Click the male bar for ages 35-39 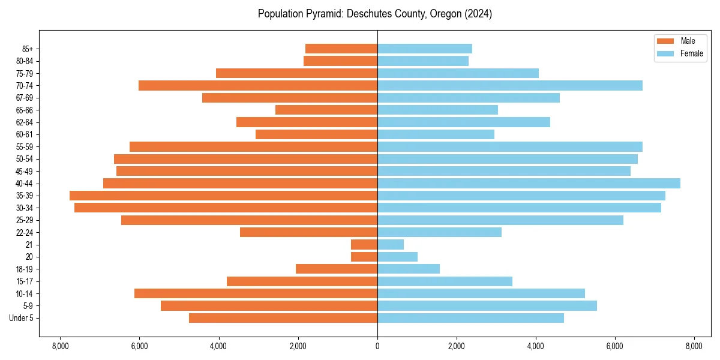pyautogui.click(x=223, y=196)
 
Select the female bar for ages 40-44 pyautogui.click(x=529, y=183)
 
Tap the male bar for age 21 pyautogui.click(x=364, y=244)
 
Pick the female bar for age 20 pyautogui.click(x=397, y=257)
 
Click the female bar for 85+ pyautogui.click(x=425, y=49)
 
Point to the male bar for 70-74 pyautogui.click(x=258, y=85)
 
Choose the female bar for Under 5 pyautogui.click(x=470, y=318)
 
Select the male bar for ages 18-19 pyautogui.click(x=337, y=269)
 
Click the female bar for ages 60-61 pyautogui.click(x=436, y=134)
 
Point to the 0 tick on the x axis pyautogui.click(x=377, y=346)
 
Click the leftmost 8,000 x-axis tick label pyautogui.click(x=60, y=346)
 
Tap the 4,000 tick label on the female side pyautogui.click(x=536, y=346)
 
